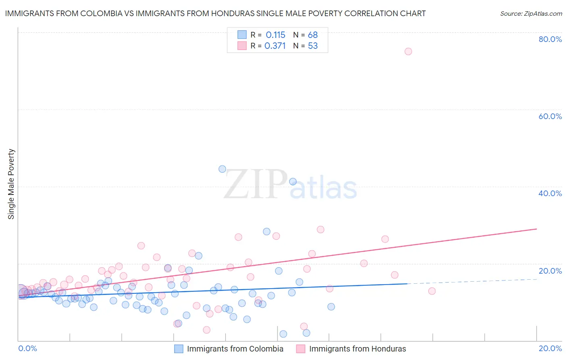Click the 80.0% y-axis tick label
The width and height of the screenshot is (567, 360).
[550, 39]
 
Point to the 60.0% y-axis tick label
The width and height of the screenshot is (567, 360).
[550, 116]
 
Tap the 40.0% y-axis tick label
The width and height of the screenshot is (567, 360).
[550, 193]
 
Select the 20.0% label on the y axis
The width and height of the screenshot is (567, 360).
[550, 271]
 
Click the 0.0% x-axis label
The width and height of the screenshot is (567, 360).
[27, 348]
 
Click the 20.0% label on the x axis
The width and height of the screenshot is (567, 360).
[550, 348]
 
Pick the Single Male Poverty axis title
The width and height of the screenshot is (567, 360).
[11, 184]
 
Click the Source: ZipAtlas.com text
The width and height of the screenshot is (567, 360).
[531, 14]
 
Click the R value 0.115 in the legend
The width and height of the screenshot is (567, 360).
[275, 35]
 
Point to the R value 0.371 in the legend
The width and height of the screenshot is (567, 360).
[275, 46]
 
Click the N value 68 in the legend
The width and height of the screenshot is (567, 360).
[313, 35]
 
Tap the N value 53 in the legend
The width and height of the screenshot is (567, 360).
[313, 46]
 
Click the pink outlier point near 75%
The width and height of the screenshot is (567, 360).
[408, 51]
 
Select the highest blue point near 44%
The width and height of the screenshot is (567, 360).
[222, 169]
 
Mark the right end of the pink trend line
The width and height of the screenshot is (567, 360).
[536, 229]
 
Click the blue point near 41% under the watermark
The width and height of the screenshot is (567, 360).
[293, 182]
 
